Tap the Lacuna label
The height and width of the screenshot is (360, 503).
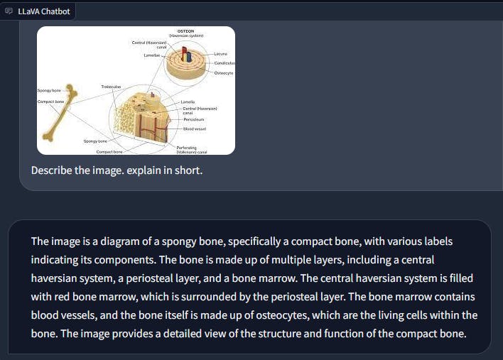tap(221, 54)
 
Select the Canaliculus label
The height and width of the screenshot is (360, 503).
tap(224, 64)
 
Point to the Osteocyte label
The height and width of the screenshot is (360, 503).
tap(223, 73)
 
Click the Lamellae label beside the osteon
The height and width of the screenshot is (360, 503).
tap(151, 55)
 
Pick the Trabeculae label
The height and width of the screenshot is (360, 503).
tap(110, 87)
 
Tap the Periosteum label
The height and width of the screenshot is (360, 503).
tap(193, 119)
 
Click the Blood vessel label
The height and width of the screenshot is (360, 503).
tap(194, 129)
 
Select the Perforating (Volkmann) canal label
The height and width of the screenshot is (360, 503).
tap(191, 149)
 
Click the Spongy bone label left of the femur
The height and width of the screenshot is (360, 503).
tap(49, 91)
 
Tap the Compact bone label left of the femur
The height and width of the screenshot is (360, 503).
tap(51, 102)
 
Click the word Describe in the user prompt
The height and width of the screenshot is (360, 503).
tap(51, 171)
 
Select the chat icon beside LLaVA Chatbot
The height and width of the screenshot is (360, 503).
tap(9, 12)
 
